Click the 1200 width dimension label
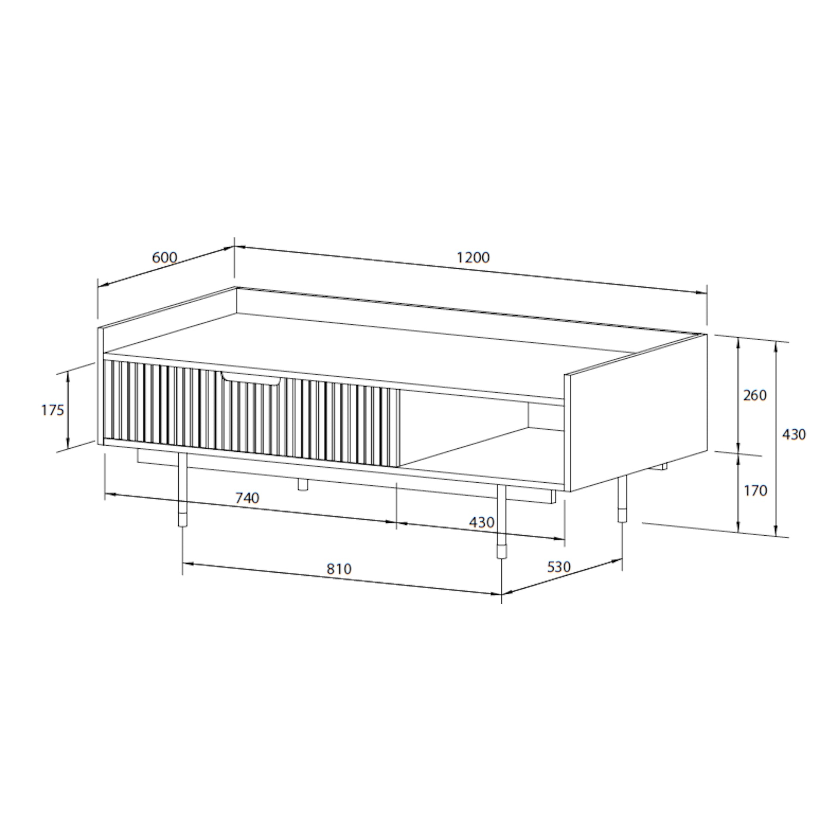[x=473, y=258]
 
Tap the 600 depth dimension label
[x=164, y=258]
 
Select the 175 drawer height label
[x=53, y=410]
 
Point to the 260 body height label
[x=755, y=395]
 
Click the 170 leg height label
[x=755, y=490]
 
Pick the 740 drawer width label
[x=247, y=497]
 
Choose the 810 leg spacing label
[x=339, y=568]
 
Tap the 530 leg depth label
[x=559, y=566]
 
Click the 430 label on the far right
[x=794, y=434]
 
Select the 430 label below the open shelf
[x=481, y=522]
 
